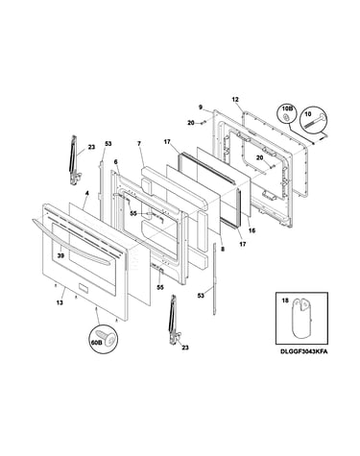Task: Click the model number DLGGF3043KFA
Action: (x=303, y=351)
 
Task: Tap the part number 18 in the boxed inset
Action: (x=284, y=300)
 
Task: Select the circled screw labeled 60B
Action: (x=103, y=339)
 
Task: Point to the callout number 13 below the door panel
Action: (x=60, y=302)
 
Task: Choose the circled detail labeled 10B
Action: (x=287, y=114)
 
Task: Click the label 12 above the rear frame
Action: (x=235, y=100)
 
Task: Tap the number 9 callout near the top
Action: (x=201, y=107)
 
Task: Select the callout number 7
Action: (x=139, y=144)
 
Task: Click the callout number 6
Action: (x=115, y=162)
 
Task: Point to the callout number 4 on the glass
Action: (x=86, y=193)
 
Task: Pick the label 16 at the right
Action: (x=252, y=230)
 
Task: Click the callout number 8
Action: (x=223, y=249)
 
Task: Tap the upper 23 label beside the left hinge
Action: (x=92, y=148)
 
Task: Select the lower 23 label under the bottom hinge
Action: (x=185, y=348)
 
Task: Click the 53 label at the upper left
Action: (x=108, y=144)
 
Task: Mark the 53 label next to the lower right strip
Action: (x=201, y=296)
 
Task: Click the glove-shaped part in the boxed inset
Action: (x=300, y=318)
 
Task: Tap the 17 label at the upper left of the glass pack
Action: (x=167, y=141)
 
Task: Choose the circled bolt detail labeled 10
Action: (x=314, y=121)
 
